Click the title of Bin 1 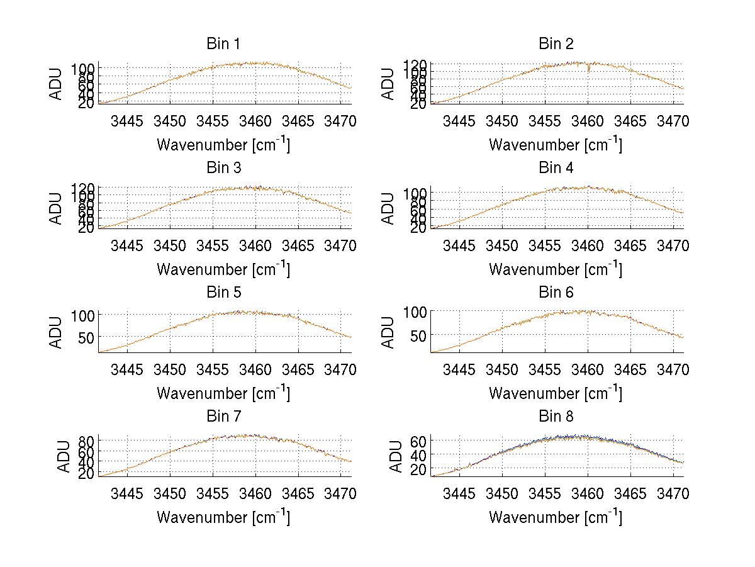coord(223,44)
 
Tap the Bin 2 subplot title coord(556,44)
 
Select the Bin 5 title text coord(223,293)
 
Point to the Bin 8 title coord(556,417)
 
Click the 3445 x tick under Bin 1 coord(127,121)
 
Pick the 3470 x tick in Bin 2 coord(673,121)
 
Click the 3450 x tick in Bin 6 coord(502,369)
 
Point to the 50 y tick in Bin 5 coord(86,337)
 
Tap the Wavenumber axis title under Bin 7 coord(223,517)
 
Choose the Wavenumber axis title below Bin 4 coord(556,269)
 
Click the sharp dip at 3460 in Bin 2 coord(588,70)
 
